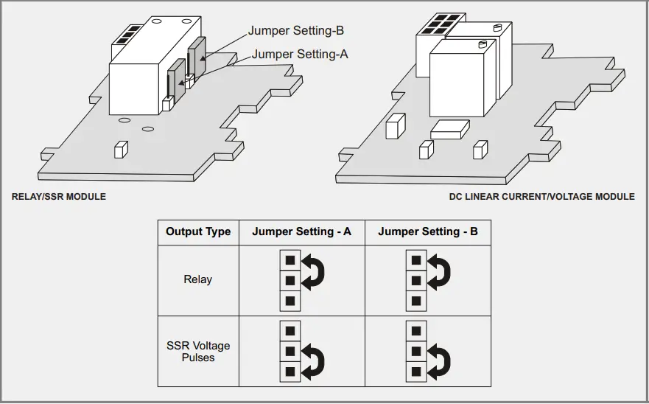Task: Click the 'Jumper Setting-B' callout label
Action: tap(295, 31)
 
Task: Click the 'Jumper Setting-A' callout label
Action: tap(300, 54)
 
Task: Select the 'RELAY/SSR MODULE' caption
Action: tap(59, 197)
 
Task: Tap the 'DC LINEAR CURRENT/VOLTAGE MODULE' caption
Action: tap(541, 197)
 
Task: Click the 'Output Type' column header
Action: tap(198, 231)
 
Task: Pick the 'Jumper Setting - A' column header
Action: tap(301, 231)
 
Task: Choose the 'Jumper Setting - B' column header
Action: tap(428, 231)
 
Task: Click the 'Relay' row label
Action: tap(198, 279)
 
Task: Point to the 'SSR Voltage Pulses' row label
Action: tap(198, 351)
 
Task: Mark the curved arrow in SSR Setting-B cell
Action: tap(441, 360)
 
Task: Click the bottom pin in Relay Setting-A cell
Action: tap(290, 301)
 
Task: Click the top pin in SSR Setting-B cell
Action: tap(416, 330)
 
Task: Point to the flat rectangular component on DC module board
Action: tap(449, 130)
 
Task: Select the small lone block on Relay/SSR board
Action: tap(119, 150)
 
